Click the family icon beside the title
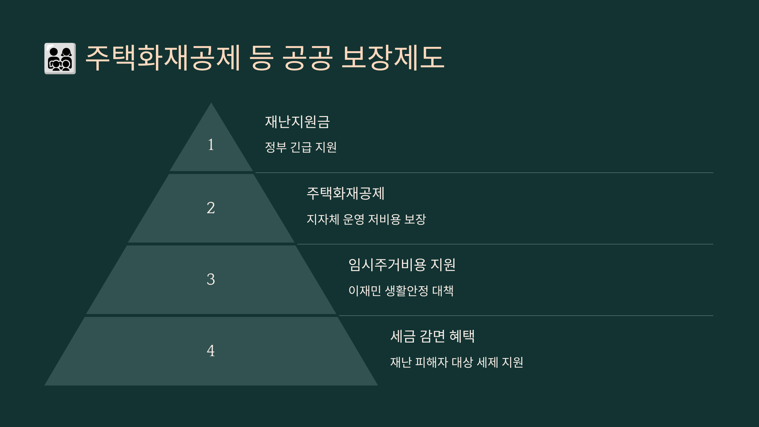tap(60, 59)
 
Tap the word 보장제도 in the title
tap(393, 58)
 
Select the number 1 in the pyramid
tap(211, 145)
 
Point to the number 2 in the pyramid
tap(211, 208)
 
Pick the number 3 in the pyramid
tap(211, 279)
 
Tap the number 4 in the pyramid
tap(211, 351)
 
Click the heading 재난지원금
tap(297, 122)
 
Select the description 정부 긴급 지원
tap(301, 147)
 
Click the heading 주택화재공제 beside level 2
tap(346, 193)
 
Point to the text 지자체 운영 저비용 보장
tap(367, 219)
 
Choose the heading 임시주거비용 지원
tap(402, 265)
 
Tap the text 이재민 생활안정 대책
tap(401, 291)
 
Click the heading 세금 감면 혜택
tap(432, 336)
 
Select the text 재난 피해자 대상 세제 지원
tap(457, 362)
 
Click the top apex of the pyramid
tap(211, 103)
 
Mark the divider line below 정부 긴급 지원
tap(484, 173)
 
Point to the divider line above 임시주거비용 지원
tap(505, 244)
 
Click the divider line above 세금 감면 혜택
tap(526, 316)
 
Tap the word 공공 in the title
tap(307, 58)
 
